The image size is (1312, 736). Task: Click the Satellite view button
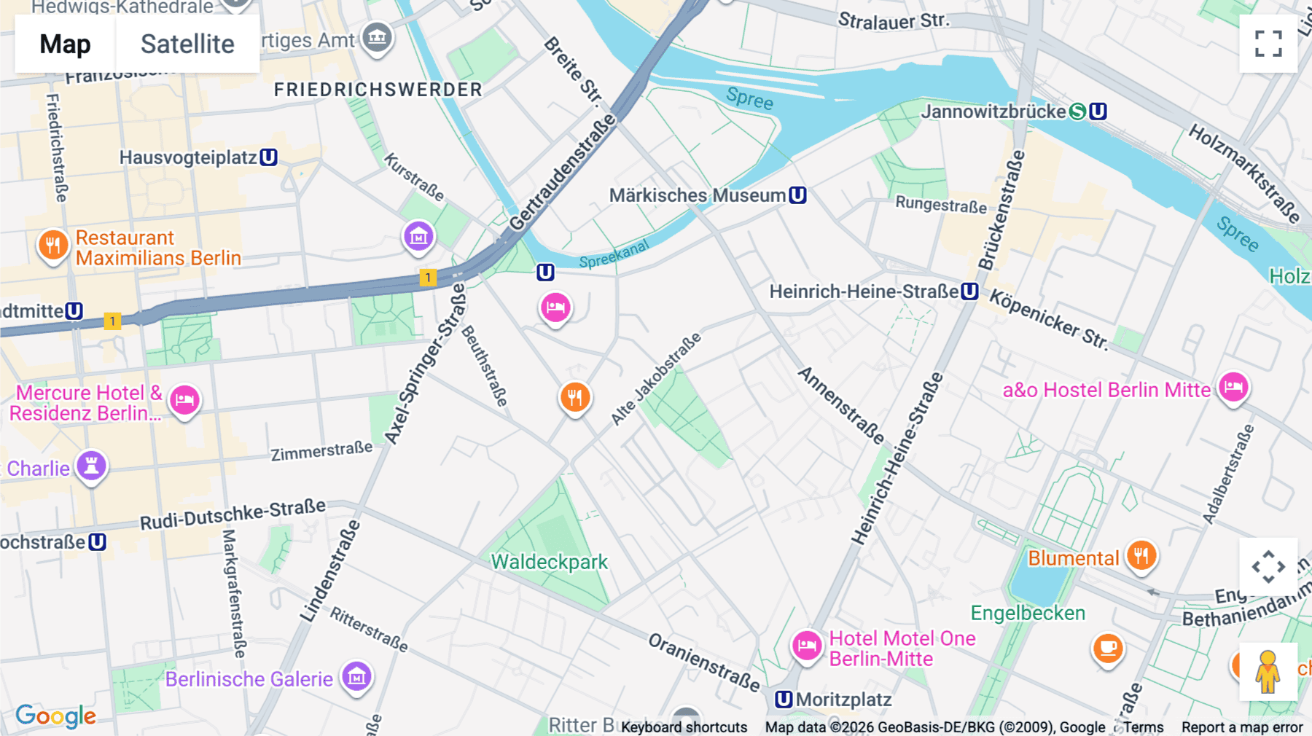(187, 44)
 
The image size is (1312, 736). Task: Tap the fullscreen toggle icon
(1268, 44)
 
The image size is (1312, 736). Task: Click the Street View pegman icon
(1268, 672)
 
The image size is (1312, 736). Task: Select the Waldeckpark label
(549, 562)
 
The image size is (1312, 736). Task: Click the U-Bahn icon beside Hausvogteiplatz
(269, 157)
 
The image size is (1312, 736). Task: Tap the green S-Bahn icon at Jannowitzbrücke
(1077, 111)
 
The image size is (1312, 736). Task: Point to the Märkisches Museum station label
(697, 195)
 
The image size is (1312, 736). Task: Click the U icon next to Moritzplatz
(784, 700)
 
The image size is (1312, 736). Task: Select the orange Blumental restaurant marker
(1141, 556)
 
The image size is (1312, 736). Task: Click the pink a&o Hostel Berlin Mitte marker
(1233, 388)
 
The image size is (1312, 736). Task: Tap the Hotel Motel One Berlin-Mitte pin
(807, 646)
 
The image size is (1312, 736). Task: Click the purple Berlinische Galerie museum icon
(356, 677)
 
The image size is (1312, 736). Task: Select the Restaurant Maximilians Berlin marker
(53, 246)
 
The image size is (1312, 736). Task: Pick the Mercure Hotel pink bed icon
(184, 400)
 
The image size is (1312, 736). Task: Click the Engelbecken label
(1028, 613)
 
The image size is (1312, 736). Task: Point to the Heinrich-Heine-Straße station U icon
(969, 291)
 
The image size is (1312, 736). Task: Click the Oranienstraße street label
(703, 662)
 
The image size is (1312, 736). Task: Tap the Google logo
(56, 716)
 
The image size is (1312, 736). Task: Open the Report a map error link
(1242, 727)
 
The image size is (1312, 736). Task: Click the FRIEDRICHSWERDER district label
(378, 90)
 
